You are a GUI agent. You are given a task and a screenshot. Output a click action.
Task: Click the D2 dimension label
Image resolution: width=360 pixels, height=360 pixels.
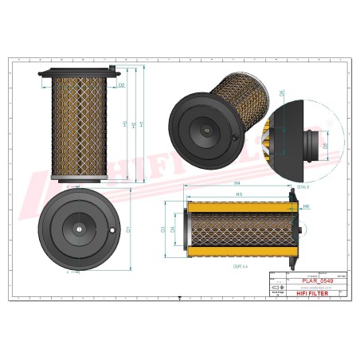122,84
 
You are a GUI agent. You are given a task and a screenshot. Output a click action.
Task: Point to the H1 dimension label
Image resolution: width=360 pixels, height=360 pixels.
142,124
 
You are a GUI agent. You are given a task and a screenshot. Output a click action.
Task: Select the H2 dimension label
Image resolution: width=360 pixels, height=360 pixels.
134,124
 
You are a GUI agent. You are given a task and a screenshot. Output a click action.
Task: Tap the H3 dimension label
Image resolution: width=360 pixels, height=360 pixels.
125,124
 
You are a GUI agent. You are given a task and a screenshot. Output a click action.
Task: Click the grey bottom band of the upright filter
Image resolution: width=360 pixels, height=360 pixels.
83,177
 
